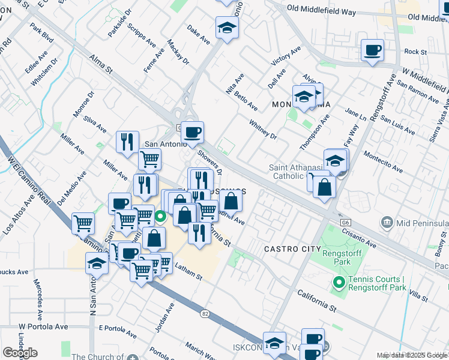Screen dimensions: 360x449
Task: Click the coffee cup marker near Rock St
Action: tap(372, 50)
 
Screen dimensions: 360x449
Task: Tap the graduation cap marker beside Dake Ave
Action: tap(228, 28)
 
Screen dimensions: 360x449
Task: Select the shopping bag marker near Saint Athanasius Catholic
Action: tap(324, 187)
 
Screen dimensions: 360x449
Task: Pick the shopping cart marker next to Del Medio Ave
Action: tap(83, 224)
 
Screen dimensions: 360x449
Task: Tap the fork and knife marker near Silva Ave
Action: tap(127, 142)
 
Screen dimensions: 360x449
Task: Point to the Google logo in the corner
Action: tap(20, 353)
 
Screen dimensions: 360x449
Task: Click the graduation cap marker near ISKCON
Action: tap(274, 343)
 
